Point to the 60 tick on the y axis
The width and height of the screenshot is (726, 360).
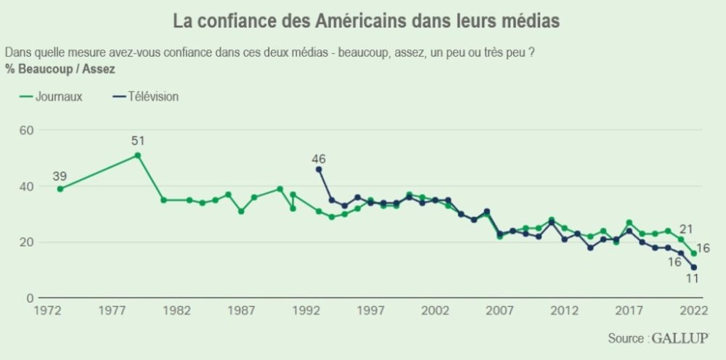click(x=26, y=130)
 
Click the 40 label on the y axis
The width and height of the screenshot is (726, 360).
click(x=26, y=187)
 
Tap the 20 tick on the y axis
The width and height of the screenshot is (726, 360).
click(x=26, y=242)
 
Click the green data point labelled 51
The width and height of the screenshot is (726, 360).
click(x=138, y=155)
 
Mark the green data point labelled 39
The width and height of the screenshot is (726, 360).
click(x=60, y=189)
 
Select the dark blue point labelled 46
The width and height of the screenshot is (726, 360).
click(x=319, y=169)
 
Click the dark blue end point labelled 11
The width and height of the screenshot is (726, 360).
click(x=694, y=267)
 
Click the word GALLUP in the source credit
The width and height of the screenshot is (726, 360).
click(x=680, y=338)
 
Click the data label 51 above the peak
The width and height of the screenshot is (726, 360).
click(x=139, y=141)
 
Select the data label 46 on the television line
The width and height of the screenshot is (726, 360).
click(x=319, y=158)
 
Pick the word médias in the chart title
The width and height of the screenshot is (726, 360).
click(x=534, y=21)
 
